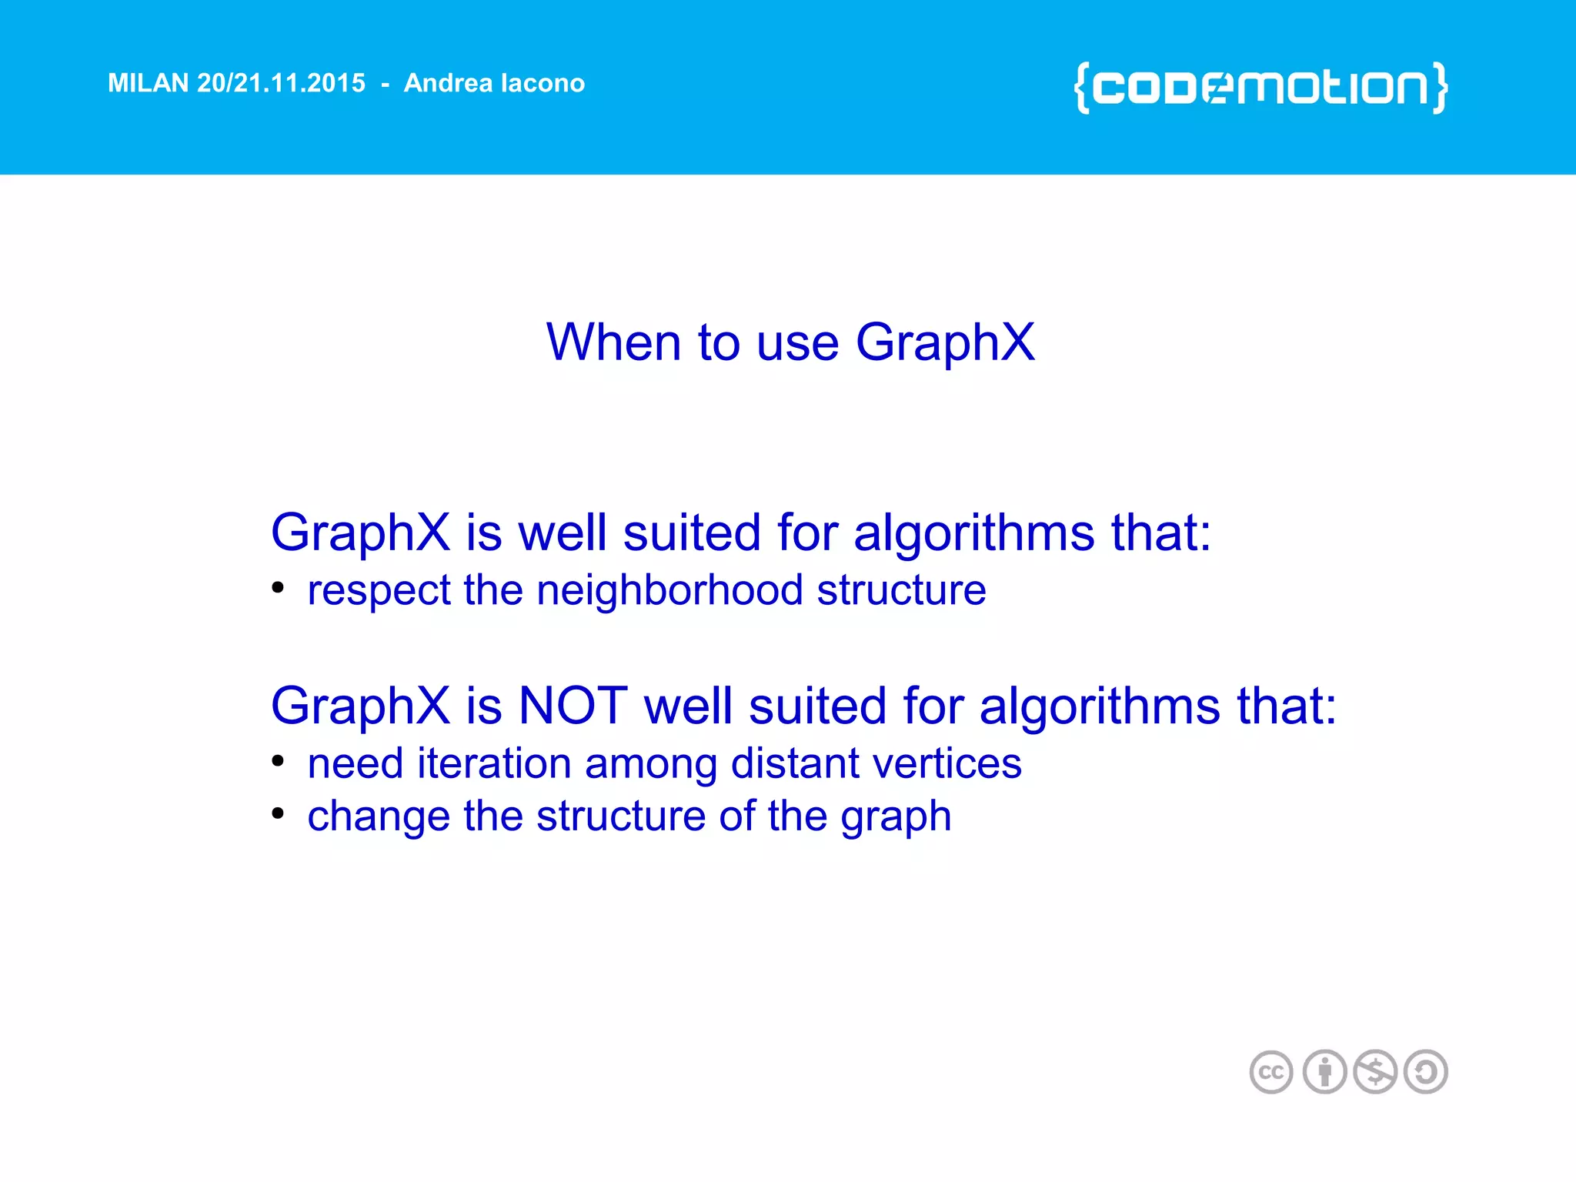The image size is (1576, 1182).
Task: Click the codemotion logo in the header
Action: [x=1260, y=87]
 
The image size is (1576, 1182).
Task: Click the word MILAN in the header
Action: [x=148, y=83]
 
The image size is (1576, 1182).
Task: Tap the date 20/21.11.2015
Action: [x=281, y=83]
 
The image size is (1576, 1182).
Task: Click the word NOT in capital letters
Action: [x=573, y=706]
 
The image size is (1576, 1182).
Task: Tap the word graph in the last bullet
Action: [x=896, y=817]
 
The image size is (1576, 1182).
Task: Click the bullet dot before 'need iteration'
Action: [x=278, y=761]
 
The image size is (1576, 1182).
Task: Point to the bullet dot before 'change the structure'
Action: [x=278, y=813]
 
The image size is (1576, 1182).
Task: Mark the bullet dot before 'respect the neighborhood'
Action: [x=278, y=588]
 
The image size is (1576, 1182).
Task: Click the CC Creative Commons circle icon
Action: [x=1270, y=1072]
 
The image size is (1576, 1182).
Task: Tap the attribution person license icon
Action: [x=1324, y=1072]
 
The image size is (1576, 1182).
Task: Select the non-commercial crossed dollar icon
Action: [x=1375, y=1072]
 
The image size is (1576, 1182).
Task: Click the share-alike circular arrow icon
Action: [x=1426, y=1072]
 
